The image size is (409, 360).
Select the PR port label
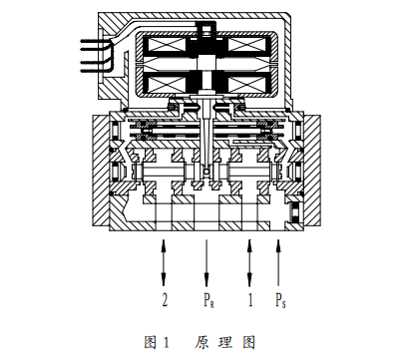pyautogui.click(x=205, y=298)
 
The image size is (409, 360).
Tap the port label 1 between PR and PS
pyautogui.click(x=249, y=298)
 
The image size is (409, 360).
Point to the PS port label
pyautogui.click(x=283, y=298)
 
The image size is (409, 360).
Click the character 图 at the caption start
pyautogui.click(x=152, y=343)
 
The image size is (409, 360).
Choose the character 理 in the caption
pyautogui.click(x=225, y=343)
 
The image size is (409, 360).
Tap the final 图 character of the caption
pyautogui.click(x=249, y=343)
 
